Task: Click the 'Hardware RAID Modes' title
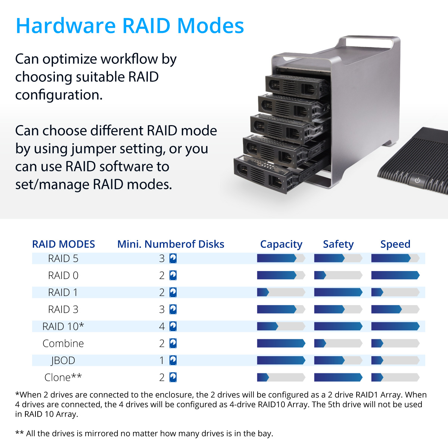tap(130, 25)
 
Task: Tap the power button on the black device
tap(417, 180)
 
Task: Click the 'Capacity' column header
tap(281, 244)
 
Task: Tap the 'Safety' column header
tap(338, 244)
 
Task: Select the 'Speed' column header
tap(395, 244)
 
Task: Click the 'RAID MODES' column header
tap(63, 244)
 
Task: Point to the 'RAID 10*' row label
tap(63, 326)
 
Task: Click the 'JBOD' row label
tap(63, 361)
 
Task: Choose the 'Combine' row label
tap(63, 343)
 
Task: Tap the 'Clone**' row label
tap(63, 377)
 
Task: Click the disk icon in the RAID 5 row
tap(173, 258)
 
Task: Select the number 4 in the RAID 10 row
tap(162, 326)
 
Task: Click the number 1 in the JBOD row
tap(162, 360)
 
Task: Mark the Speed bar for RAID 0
tap(395, 275)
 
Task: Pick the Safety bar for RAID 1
tap(338, 292)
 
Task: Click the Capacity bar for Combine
tap(281, 343)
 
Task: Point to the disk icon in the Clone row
tap(173, 377)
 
